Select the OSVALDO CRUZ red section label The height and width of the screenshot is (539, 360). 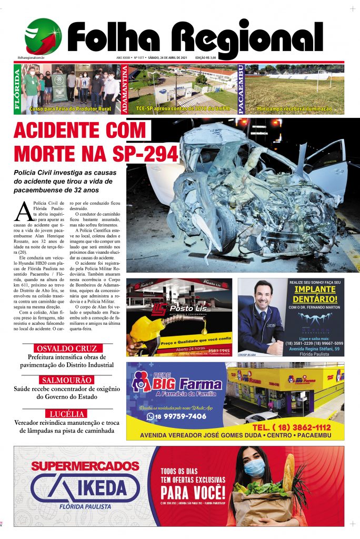(x=67, y=349)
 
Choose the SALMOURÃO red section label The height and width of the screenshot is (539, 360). (x=67, y=380)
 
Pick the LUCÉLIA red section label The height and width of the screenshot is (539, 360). (x=67, y=414)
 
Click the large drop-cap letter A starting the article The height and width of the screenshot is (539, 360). (x=24, y=211)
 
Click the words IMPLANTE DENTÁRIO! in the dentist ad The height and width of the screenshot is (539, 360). (x=315, y=294)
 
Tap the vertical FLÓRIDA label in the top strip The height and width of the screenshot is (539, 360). (x=17, y=89)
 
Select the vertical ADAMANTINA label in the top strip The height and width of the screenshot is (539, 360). (x=125, y=89)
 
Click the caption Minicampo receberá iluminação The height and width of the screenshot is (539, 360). (x=294, y=109)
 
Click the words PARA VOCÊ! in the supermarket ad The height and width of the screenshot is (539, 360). (x=193, y=493)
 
